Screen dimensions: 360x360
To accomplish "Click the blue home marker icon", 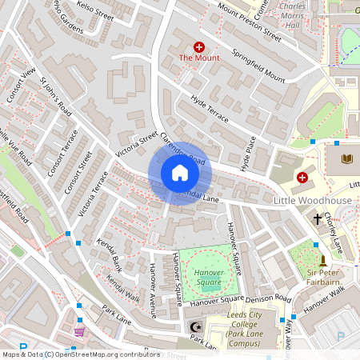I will (180, 173).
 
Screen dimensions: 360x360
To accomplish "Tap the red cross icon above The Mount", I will (198, 47).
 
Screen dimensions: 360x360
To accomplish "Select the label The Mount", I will (198, 58).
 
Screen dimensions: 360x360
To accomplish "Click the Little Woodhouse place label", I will (313, 199).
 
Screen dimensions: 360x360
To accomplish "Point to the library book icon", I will (346, 160).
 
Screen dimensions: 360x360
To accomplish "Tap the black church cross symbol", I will (318, 218).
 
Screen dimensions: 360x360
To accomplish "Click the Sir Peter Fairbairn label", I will (324, 278).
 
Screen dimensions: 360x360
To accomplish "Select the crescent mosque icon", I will (192, 327).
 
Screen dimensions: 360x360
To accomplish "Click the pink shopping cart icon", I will (79, 331).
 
